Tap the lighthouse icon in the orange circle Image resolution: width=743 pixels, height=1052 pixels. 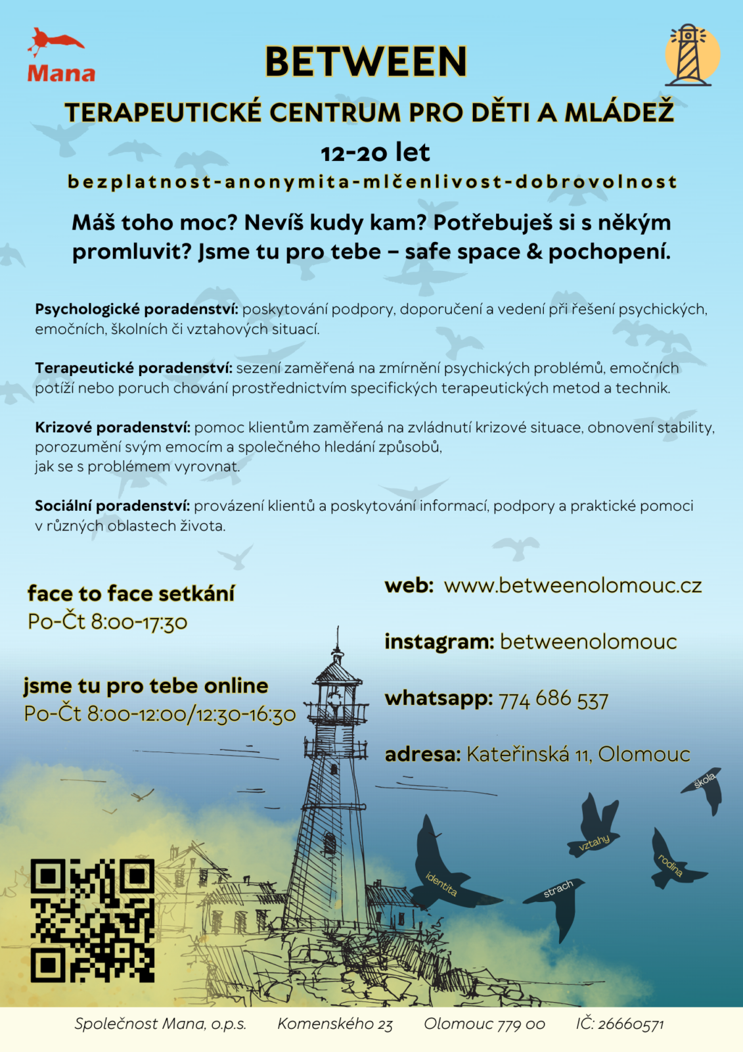(x=691, y=56)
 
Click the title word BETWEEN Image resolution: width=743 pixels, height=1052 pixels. (x=366, y=62)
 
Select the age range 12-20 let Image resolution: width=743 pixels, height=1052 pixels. (x=375, y=153)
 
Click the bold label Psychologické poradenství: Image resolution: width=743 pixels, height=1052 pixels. (x=137, y=309)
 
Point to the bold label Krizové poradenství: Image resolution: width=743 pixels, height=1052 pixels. (x=112, y=427)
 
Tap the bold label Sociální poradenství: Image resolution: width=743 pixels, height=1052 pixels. (x=112, y=506)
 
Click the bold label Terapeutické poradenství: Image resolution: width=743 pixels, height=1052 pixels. (x=133, y=368)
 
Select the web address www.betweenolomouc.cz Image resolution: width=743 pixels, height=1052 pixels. (x=573, y=585)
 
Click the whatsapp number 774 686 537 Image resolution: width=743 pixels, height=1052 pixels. (x=553, y=699)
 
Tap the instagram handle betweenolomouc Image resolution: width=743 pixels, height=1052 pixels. (x=588, y=642)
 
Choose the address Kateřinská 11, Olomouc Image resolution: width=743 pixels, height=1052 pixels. (x=578, y=754)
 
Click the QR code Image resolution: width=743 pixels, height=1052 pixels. (x=92, y=920)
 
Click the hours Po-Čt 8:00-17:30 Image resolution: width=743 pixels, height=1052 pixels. (x=108, y=621)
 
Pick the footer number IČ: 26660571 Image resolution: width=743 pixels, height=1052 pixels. (x=619, y=1024)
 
